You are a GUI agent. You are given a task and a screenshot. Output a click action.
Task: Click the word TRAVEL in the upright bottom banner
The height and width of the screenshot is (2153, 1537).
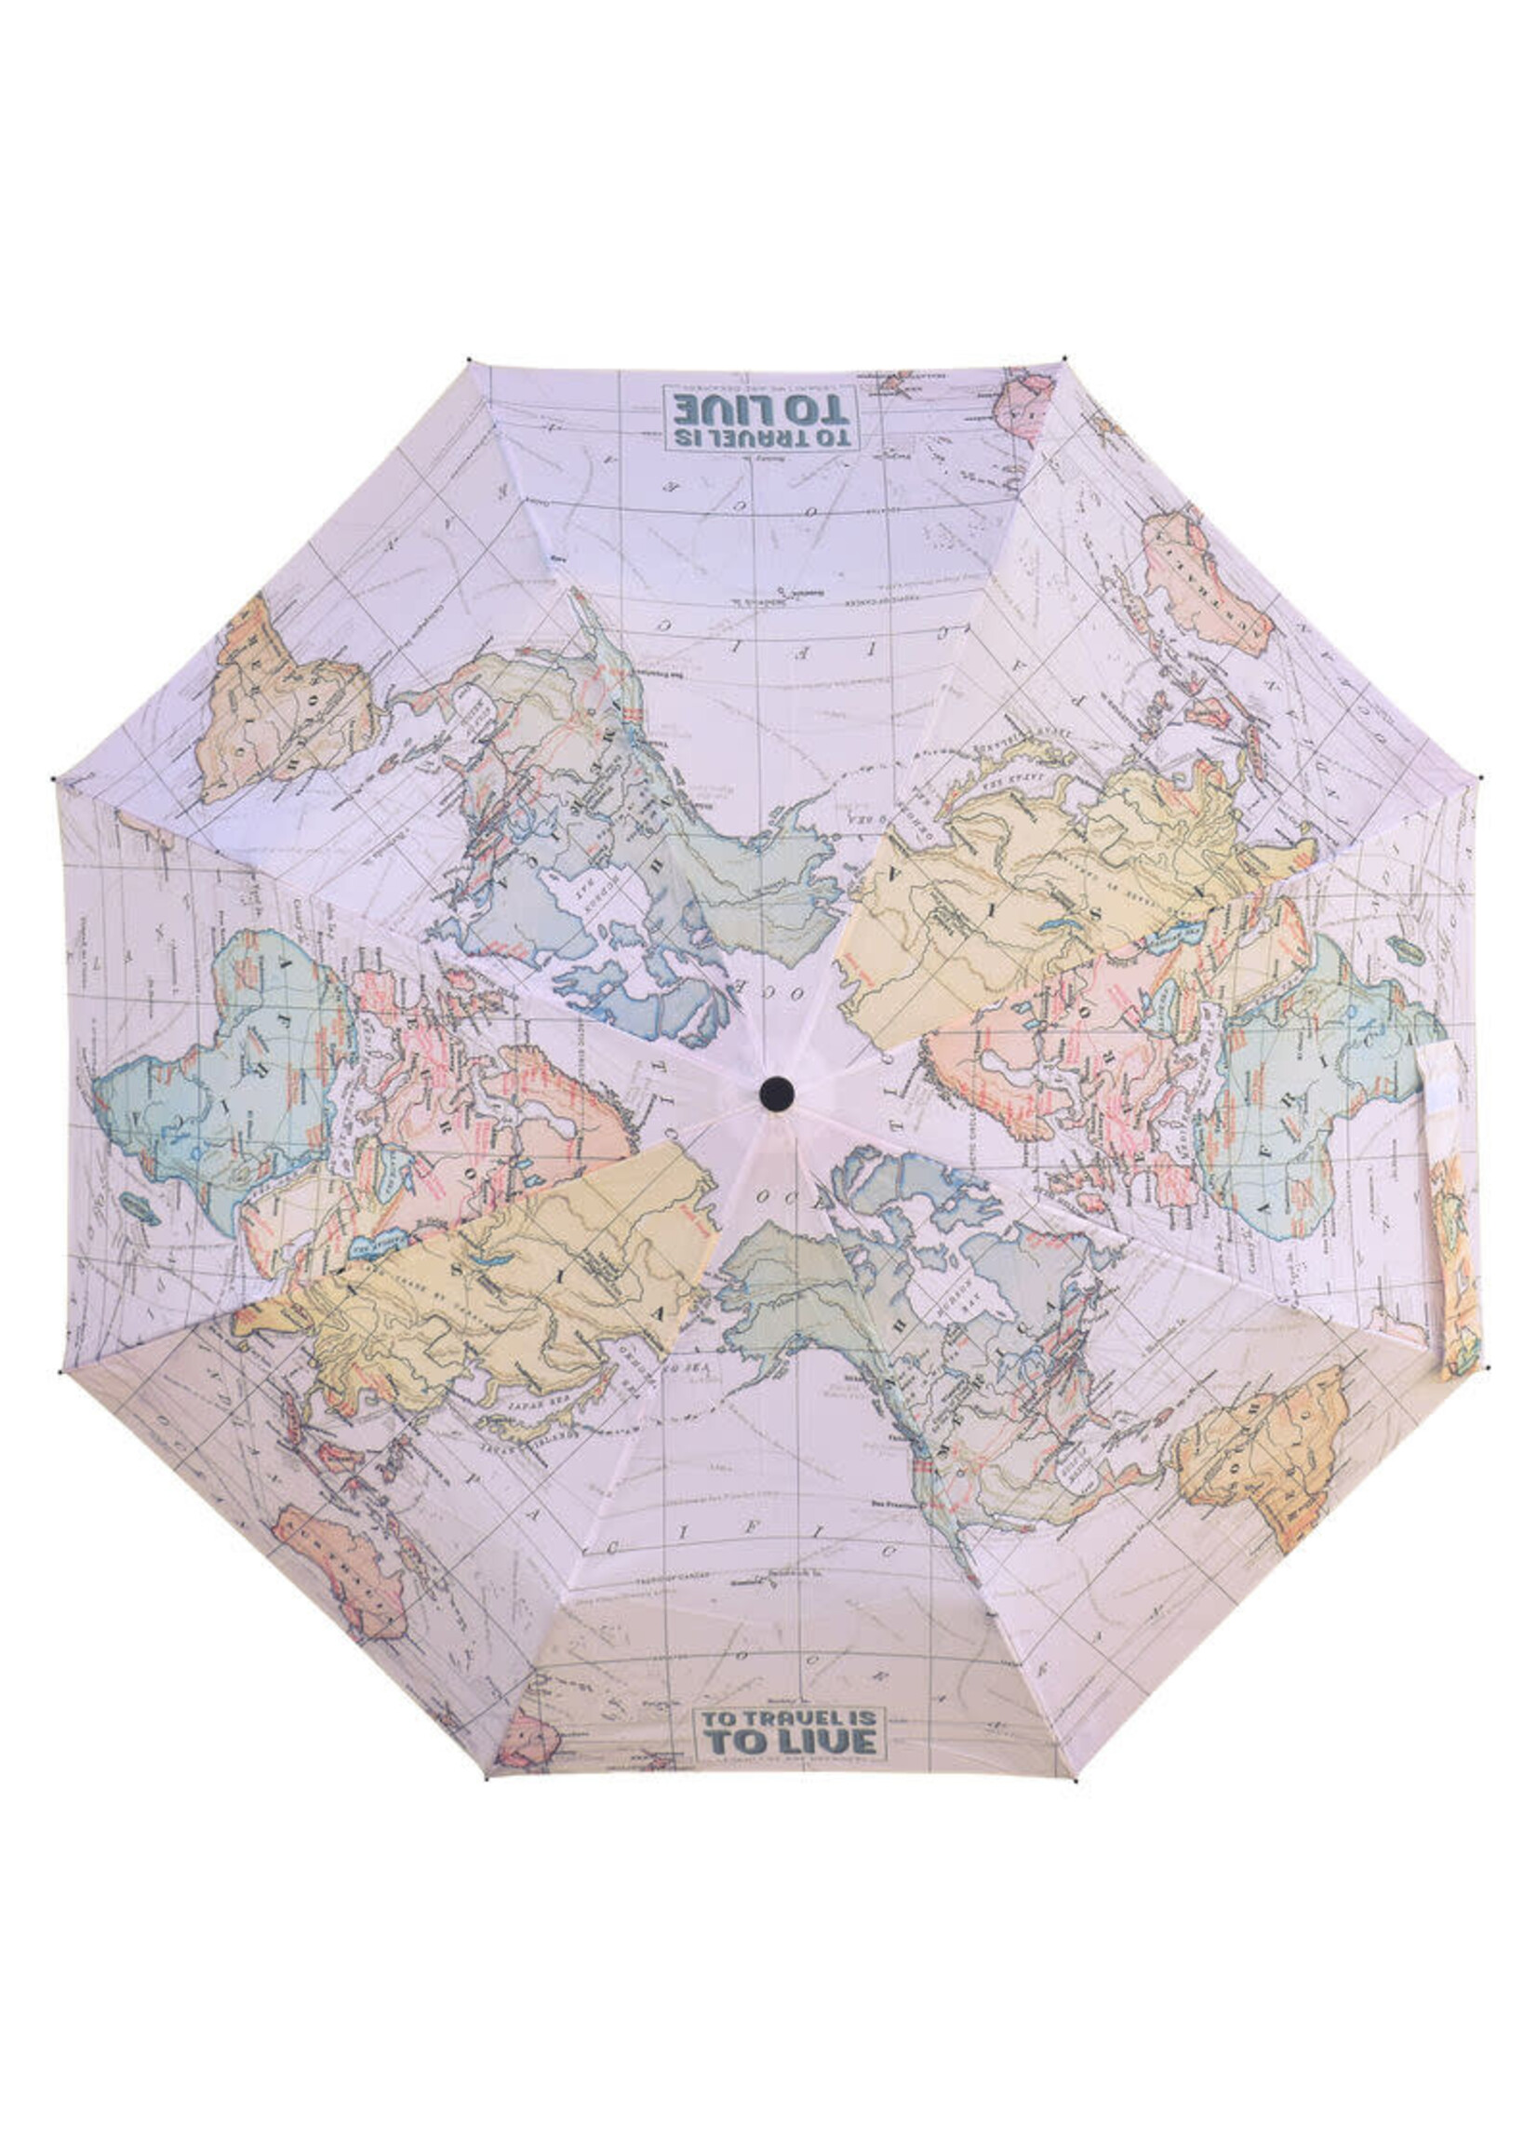pyautogui.click(x=793, y=1718)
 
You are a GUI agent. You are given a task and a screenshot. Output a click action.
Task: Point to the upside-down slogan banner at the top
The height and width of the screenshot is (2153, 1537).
pyautogui.click(x=761, y=417)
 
